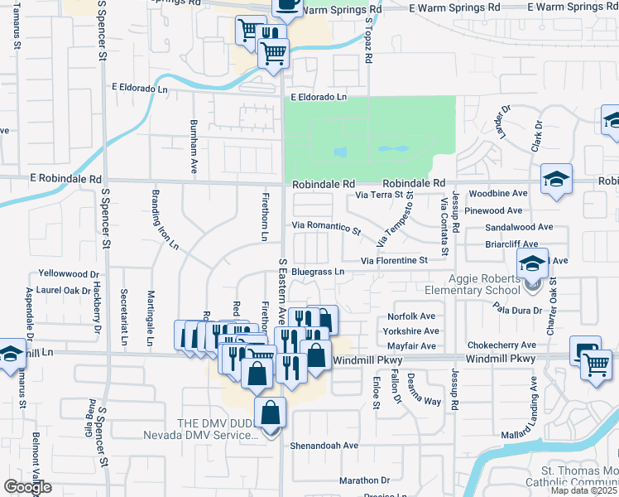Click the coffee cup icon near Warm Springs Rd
pyautogui.click(x=287, y=5)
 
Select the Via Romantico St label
pyautogui.click(x=327, y=226)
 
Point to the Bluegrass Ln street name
pyautogui.click(x=317, y=271)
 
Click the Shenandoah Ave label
pyautogui.click(x=324, y=445)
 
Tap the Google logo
pyautogui.click(x=28, y=487)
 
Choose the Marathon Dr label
pyautogui.click(x=364, y=480)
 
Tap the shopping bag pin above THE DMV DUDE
pyautogui.click(x=271, y=412)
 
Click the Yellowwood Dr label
pyautogui.click(x=69, y=273)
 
